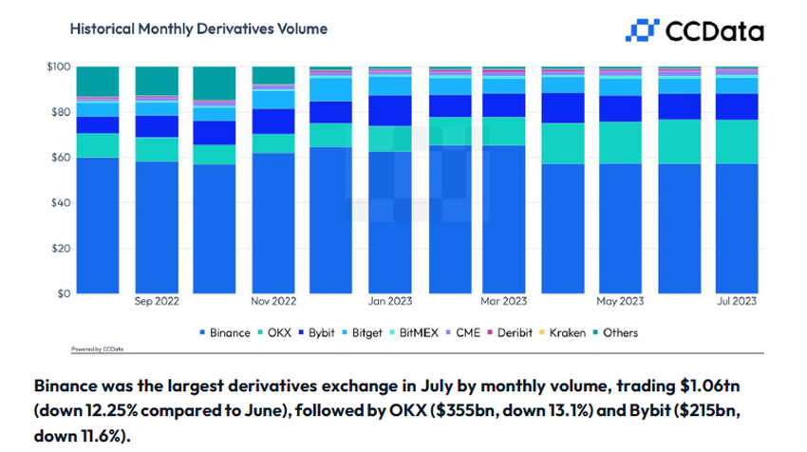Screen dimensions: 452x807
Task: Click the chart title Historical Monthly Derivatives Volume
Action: coord(198,28)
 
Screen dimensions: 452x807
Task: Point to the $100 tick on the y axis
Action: coord(57,66)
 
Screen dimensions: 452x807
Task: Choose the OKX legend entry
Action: coord(278,333)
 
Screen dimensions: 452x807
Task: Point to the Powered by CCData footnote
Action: coord(93,349)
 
